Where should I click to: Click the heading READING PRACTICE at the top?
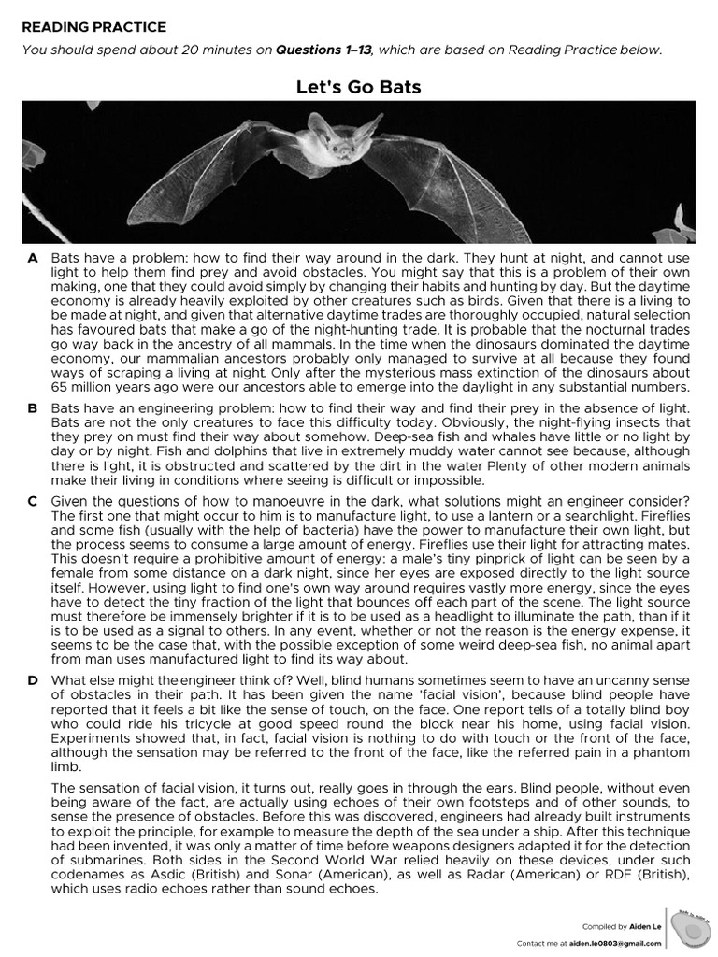coord(93,27)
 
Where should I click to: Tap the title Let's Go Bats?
coord(358,88)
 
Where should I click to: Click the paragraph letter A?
coord(33,256)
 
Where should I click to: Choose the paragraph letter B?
coord(33,408)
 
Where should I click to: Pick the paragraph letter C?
coord(33,500)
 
